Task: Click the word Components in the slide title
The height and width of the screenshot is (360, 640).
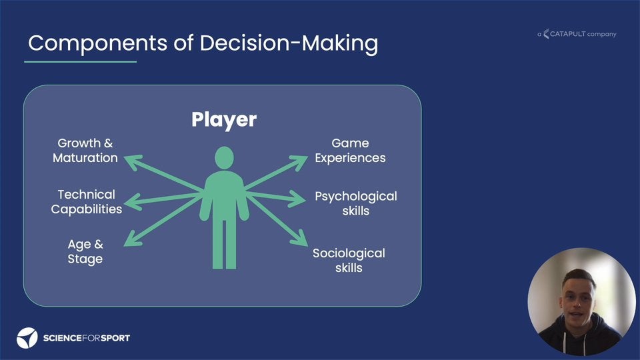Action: click(98, 43)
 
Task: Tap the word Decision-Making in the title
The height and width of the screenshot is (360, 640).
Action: click(289, 43)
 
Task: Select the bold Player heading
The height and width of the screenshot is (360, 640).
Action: click(224, 119)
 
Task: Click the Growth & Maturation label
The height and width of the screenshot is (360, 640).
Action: click(85, 150)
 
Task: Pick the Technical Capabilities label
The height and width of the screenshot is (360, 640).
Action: click(87, 201)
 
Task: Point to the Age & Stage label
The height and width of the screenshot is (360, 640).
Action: click(85, 251)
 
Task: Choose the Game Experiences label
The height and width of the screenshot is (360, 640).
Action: click(350, 150)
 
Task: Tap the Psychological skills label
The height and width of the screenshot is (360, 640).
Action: click(356, 203)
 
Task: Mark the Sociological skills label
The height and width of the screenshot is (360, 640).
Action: click(349, 261)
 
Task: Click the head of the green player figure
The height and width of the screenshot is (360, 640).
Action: click(225, 157)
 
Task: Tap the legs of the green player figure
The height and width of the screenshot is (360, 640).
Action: click(225, 244)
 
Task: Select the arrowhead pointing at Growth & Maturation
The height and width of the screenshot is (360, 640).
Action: click(132, 161)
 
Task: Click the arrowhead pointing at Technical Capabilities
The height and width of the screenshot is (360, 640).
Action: click(132, 202)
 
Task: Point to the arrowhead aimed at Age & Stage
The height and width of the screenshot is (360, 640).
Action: click(131, 239)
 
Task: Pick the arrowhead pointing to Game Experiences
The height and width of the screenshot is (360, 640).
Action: click(299, 162)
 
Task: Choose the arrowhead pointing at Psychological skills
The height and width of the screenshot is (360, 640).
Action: click(297, 199)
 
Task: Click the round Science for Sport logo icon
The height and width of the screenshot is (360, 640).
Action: click(27, 338)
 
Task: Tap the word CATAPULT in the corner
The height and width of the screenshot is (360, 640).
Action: click(568, 34)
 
